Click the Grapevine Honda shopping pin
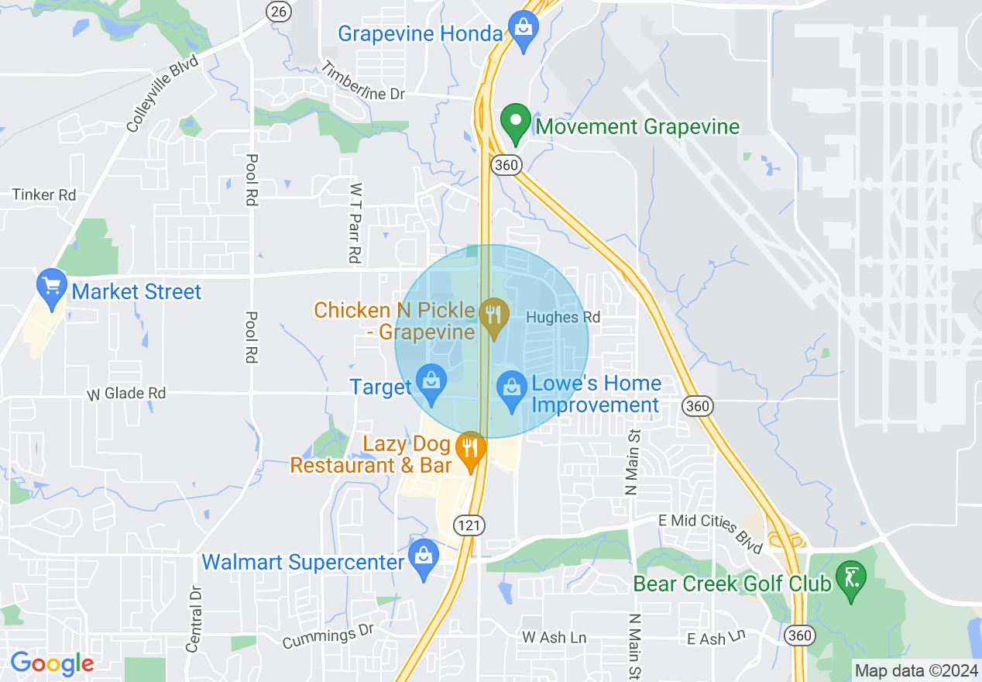click(524, 31)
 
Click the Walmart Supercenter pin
click(424, 558)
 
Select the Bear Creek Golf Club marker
click(851, 580)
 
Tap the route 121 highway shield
click(469, 525)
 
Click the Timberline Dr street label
click(363, 81)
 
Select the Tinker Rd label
click(44, 195)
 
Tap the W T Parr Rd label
click(355, 222)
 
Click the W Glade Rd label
click(125, 394)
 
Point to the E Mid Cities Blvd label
click(709, 532)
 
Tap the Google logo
click(52, 663)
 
